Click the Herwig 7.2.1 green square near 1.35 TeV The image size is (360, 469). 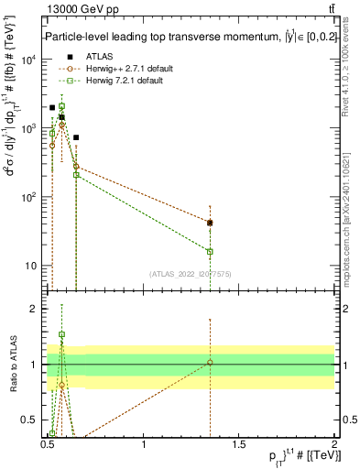[x=210, y=251]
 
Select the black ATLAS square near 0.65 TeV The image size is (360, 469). [x=76, y=137]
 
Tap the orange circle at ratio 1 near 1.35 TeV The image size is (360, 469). [x=210, y=363]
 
